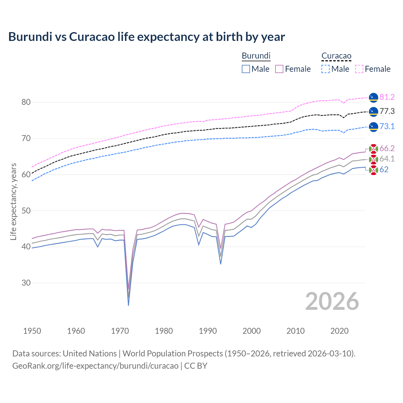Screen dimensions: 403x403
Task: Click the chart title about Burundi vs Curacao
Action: (x=146, y=37)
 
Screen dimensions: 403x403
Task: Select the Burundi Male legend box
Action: (x=246, y=69)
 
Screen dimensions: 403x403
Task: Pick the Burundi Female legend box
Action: (x=279, y=69)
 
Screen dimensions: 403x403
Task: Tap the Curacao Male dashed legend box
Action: (x=326, y=69)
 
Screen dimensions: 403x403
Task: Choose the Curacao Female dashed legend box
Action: (x=359, y=69)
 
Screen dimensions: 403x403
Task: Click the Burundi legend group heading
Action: (x=256, y=56)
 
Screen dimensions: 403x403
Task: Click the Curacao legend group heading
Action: (x=336, y=56)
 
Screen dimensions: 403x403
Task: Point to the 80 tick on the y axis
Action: (x=26, y=102)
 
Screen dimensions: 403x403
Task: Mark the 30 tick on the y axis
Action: (x=26, y=283)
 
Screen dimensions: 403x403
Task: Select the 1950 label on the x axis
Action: (x=32, y=331)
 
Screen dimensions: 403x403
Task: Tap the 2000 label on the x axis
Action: (x=252, y=331)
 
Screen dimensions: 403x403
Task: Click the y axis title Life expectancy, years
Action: (x=13, y=201)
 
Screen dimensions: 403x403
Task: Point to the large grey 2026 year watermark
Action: (x=332, y=301)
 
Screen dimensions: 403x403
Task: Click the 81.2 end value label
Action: (x=387, y=97)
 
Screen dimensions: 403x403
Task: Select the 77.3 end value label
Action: (x=387, y=111)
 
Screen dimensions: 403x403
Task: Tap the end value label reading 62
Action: (x=384, y=169)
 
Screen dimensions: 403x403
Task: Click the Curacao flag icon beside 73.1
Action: (x=373, y=127)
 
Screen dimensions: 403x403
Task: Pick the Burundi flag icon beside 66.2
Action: (x=373, y=149)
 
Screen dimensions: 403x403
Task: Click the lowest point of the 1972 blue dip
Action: (x=128, y=305)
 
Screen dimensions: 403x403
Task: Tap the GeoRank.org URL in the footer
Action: (x=95, y=366)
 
